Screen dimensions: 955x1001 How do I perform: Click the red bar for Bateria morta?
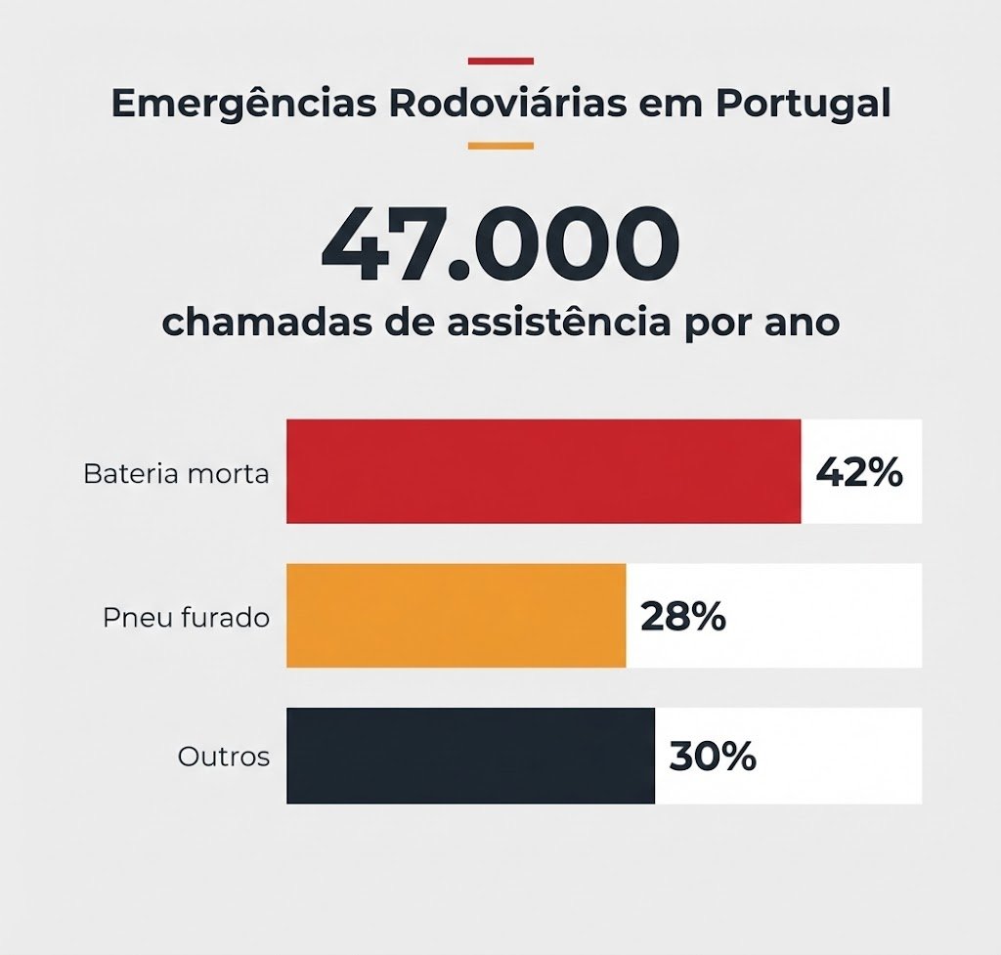pyautogui.click(x=544, y=471)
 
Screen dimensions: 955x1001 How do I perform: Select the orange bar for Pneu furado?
pyautogui.click(x=456, y=616)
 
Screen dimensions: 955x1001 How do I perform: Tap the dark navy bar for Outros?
pyautogui.click(x=470, y=756)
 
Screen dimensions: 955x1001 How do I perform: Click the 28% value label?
pyautogui.click(x=683, y=617)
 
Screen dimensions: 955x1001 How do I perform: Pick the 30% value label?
pyautogui.click(x=713, y=757)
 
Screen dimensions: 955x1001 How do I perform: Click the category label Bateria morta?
pyautogui.click(x=176, y=474)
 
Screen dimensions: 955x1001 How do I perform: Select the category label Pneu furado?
pyautogui.click(x=186, y=618)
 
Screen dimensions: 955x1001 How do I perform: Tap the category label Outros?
pyautogui.click(x=224, y=757)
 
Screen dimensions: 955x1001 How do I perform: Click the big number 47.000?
pyautogui.click(x=500, y=243)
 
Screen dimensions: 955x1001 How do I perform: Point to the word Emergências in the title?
pyautogui.click(x=243, y=104)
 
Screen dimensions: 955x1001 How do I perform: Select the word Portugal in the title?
pyautogui.click(x=803, y=105)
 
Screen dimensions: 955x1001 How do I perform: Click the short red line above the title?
pyautogui.click(x=500, y=62)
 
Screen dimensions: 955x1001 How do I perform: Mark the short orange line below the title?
pyautogui.click(x=500, y=146)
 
